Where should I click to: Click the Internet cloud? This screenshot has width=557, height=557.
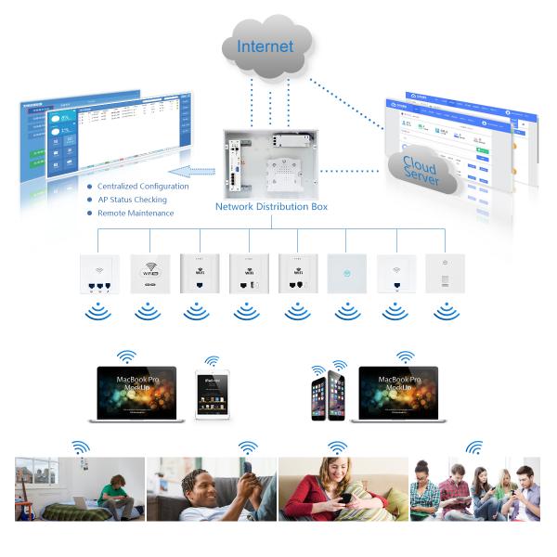(x=266, y=46)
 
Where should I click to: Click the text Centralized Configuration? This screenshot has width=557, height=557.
(x=143, y=186)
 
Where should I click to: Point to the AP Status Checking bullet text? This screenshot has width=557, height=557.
(x=132, y=200)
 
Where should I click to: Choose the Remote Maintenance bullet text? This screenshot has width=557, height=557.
(x=136, y=214)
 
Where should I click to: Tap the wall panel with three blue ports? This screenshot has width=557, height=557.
(x=97, y=274)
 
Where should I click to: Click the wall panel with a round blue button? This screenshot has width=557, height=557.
(x=345, y=274)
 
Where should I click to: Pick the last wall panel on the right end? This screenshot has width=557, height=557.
(x=444, y=274)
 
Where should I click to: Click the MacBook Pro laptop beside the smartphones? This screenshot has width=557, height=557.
(x=398, y=393)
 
